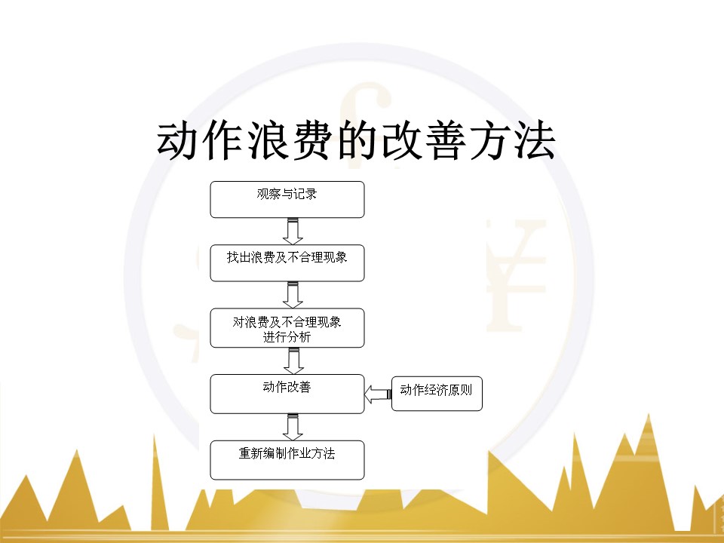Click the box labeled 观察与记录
(x=287, y=199)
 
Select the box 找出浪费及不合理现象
(x=287, y=262)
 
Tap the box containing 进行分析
(x=287, y=328)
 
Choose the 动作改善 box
(x=287, y=394)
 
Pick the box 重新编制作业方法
(x=287, y=460)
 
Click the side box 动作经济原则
(x=437, y=394)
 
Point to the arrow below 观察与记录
(x=293, y=232)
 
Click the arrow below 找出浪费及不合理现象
(x=293, y=295)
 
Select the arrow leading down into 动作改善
(x=293, y=361)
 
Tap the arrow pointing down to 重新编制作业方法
(x=293, y=427)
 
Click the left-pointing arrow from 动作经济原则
(x=378, y=394)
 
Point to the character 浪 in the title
(x=267, y=141)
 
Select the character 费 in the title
(x=312, y=141)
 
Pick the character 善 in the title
(x=446, y=141)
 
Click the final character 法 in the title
(x=535, y=141)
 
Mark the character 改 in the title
(x=401, y=141)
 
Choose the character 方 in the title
(x=490, y=141)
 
